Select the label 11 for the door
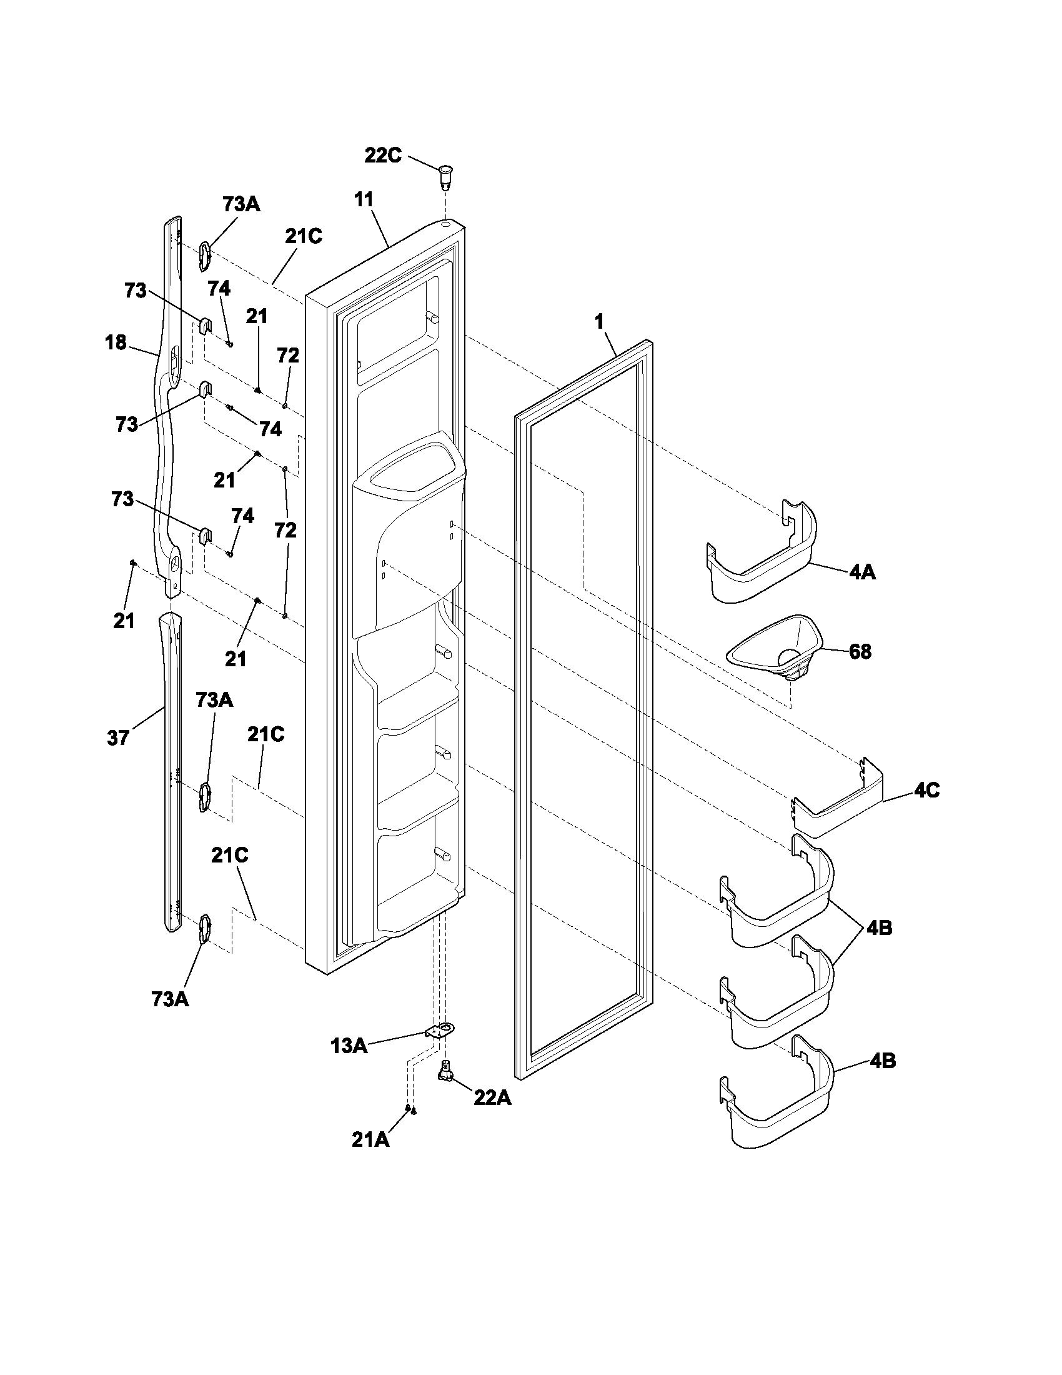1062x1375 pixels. coord(364,200)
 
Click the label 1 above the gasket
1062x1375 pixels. coord(599,322)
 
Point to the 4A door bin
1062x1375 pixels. coord(762,557)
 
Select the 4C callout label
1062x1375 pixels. coord(926,791)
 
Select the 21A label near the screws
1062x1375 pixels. coord(370,1139)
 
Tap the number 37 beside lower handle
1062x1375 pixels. coord(118,738)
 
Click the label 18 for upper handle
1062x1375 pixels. coord(116,342)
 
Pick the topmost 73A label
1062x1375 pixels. coord(241,204)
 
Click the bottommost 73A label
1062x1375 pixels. coord(170,999)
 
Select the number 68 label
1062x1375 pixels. coord(860,652)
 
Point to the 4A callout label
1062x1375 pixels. coord(862,572)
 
